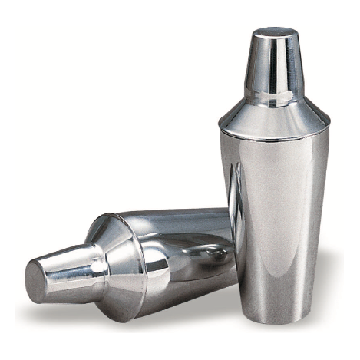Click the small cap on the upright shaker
[x=274, y=65]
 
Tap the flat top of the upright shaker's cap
[x=276, y=33]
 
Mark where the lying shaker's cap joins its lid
[x=96, y=269]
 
